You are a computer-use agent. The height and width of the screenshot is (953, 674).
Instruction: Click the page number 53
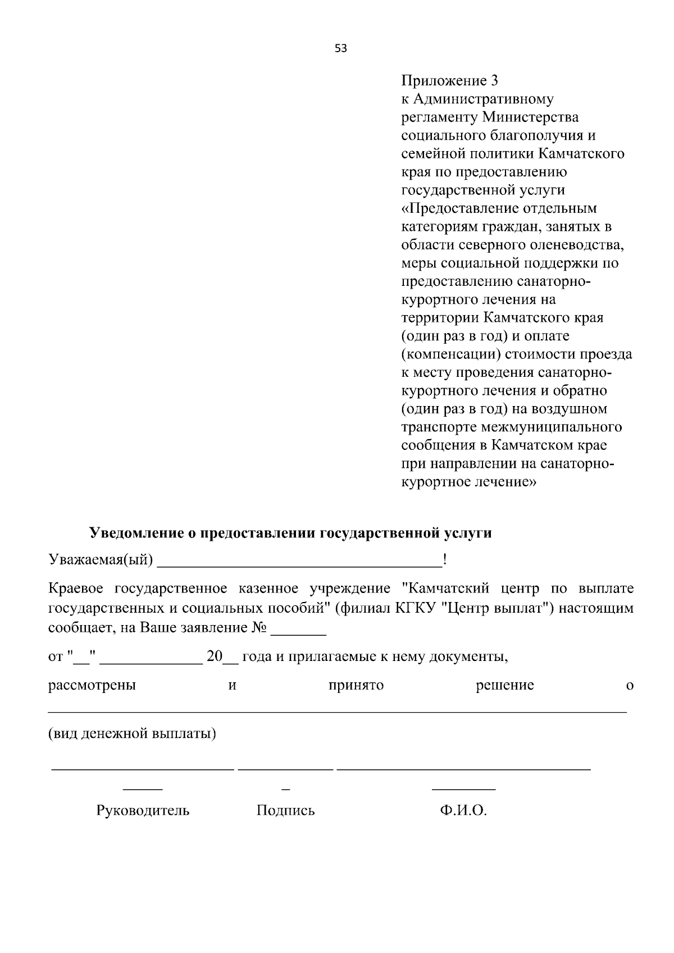click(341, 49)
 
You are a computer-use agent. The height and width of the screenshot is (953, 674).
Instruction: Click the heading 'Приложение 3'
click(450, 81)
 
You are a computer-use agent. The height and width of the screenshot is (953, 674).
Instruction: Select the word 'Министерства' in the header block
click(530, 117)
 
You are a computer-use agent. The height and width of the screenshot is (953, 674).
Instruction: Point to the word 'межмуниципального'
click(552, 427)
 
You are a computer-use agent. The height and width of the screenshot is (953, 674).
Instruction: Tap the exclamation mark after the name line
click(445, 560)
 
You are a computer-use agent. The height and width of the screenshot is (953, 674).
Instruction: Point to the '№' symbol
click(259, 627)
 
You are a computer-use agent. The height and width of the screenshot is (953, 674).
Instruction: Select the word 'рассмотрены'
click(92, 686)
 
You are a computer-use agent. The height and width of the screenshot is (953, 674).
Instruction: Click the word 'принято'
click(356, 686)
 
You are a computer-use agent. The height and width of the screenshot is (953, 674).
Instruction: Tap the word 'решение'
click(504, 686)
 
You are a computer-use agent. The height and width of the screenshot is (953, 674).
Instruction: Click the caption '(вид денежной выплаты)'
click(132, 733)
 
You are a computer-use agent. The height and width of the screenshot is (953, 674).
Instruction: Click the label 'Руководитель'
click(143, 810)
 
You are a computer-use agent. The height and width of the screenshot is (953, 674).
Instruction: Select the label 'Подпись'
click(285, 810)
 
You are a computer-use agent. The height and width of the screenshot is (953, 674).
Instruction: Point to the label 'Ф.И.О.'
click(463, 810)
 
